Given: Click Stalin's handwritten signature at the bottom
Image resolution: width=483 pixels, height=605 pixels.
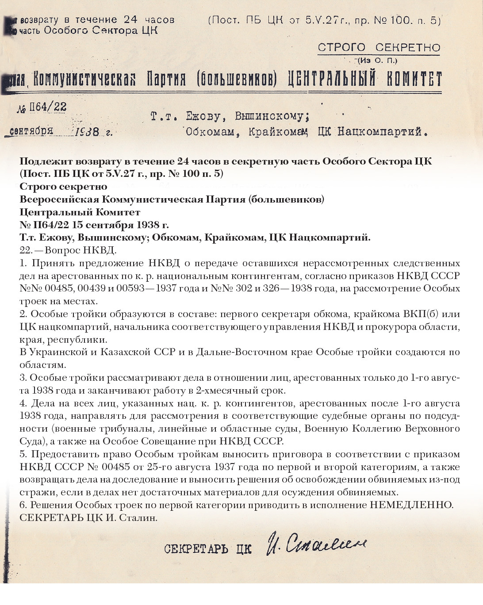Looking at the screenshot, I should tap(316, 544).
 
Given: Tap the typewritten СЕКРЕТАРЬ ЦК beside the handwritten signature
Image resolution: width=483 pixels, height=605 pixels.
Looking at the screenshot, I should tap(207, 549).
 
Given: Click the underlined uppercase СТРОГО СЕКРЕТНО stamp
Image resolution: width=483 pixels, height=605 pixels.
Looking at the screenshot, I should tap(379, 48).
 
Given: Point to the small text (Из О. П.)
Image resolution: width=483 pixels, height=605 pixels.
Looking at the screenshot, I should tap(378, 61).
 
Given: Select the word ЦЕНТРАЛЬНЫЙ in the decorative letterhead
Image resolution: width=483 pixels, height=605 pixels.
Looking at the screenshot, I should tap(331, 80).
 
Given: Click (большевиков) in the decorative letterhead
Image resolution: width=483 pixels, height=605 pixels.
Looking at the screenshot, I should tap(237, 80).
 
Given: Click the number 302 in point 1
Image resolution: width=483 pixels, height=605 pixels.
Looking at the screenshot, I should tap(249, 288).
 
